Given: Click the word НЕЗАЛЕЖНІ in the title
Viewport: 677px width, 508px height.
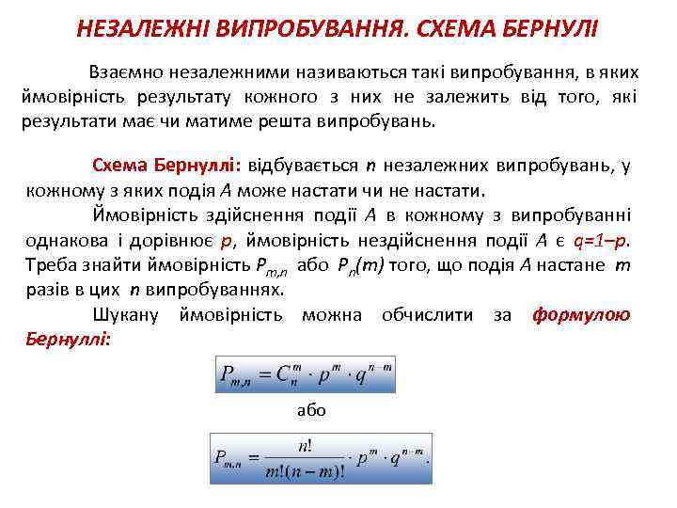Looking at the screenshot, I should (x=134, y=29).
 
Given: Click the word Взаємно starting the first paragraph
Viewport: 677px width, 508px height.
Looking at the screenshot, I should (x=126, y=72).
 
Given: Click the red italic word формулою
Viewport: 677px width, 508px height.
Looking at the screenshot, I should (x=581, y=314).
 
